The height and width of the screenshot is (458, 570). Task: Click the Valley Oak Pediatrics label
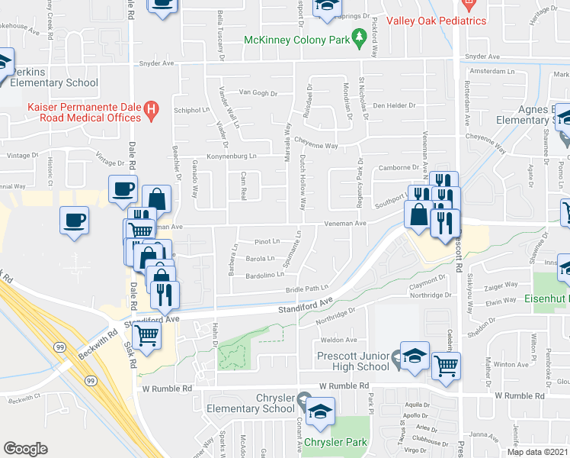436,21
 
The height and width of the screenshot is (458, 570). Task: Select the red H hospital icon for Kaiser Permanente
152,111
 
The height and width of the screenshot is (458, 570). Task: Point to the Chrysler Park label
335,442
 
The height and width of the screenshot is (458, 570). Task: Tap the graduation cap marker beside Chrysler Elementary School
321,410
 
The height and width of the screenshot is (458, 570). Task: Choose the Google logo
25,449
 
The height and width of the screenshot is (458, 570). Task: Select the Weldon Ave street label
339,340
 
